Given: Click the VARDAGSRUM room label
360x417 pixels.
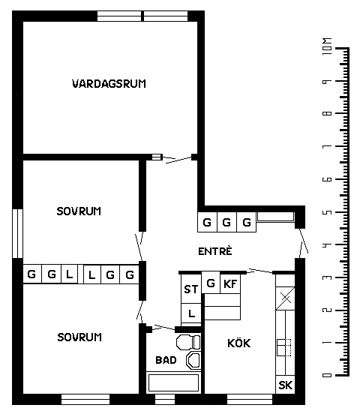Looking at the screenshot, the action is pos(109,84).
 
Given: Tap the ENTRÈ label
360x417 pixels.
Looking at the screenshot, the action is pos(215,251).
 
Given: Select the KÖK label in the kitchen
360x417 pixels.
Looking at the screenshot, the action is pos(239,343).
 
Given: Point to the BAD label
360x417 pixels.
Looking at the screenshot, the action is pos(166,360).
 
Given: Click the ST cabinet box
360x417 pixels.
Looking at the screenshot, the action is pos(191,289).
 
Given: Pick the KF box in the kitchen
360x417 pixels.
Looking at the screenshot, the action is pos(230,283).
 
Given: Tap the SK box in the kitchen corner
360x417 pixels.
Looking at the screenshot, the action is pos(285,385).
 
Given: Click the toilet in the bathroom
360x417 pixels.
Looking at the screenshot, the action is pos(188,343).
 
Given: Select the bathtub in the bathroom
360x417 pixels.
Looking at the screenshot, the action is pos(173,382).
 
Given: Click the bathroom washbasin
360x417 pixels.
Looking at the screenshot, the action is pos(193,360).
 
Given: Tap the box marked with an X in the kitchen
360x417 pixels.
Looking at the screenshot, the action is pos(285,298).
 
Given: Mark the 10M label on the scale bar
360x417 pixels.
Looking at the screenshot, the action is pos(327,46).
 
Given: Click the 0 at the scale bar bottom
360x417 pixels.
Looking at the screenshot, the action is pos(327,375).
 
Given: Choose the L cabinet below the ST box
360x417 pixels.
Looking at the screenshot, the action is pos(191,313).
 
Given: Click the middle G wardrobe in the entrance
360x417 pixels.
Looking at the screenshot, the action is pos(226,222).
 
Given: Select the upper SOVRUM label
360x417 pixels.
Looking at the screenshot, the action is pos(79,211).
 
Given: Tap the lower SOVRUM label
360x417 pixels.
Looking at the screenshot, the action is pos(79,337).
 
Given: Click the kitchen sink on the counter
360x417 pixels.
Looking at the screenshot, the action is pos(283,347).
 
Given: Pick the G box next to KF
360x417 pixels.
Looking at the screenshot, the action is pos(211,283).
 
